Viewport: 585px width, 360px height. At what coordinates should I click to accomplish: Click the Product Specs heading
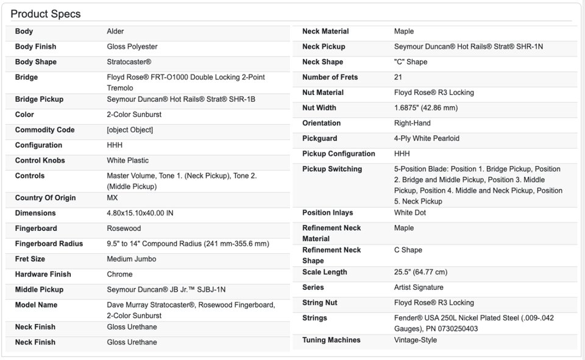pos(46,14)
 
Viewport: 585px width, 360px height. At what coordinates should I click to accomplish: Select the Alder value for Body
pos(115,32)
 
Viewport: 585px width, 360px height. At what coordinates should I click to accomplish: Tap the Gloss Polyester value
pos(132,47)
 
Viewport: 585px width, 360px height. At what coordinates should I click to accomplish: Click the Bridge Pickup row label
pos(39,99)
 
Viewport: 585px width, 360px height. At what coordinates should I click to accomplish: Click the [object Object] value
pos(130,130)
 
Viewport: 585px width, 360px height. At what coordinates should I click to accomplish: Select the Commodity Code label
pos(44,130)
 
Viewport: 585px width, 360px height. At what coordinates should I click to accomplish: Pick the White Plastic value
pos(128,161)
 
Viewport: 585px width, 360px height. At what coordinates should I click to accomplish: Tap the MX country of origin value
pos(113,198)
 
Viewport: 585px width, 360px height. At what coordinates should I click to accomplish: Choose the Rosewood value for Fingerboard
pos(124,228)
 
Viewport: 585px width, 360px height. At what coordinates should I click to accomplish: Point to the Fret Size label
pos(30,259)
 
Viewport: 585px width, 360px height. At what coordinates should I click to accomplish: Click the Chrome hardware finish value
pos(119,275)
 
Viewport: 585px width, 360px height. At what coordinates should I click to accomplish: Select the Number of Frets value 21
pos(398,77)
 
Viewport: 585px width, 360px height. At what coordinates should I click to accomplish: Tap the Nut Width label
pos(319,108)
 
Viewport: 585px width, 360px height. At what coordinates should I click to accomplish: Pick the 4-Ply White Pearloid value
pos(427,139)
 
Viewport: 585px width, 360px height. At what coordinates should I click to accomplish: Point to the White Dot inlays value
pos(410,213)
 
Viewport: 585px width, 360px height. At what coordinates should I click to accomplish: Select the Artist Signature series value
pos(419,288)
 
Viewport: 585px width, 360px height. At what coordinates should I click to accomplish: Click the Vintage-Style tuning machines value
pos(416,341)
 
